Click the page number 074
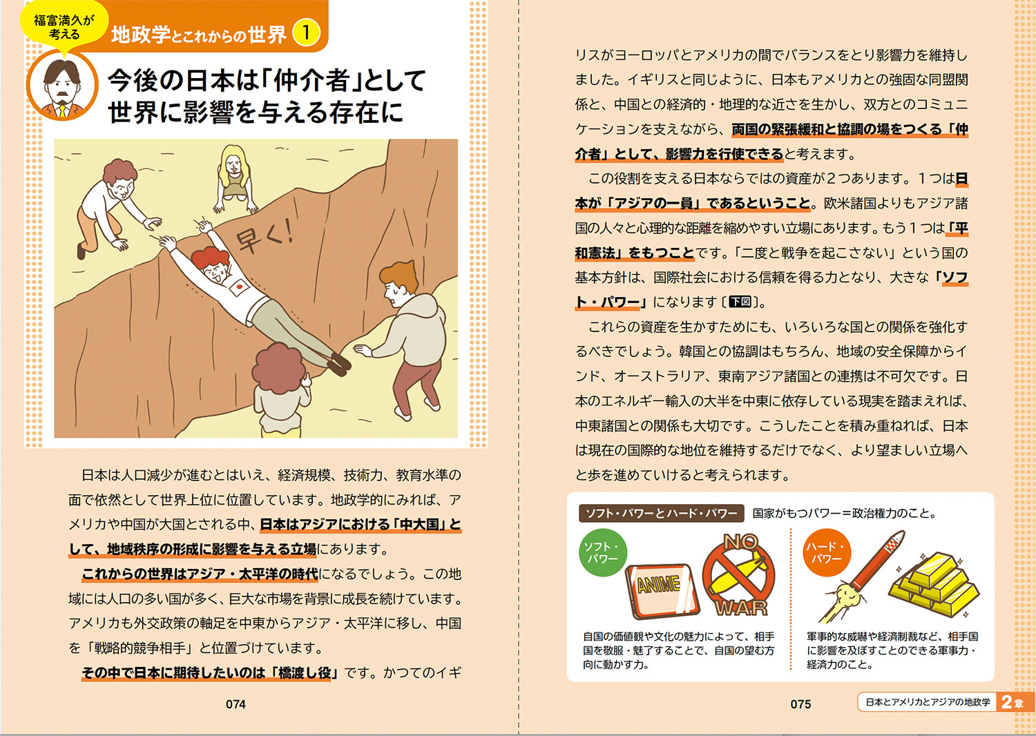point(236,704)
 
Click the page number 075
point(800,704)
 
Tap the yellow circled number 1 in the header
point(306,32)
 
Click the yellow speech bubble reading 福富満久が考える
point(64,27)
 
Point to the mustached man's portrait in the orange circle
point(62,86)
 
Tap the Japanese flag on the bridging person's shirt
point(239,287)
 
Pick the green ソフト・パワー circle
point(602,552)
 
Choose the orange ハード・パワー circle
point(827,552)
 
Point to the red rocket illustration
point(861,577)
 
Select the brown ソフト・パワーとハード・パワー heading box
point(662,513)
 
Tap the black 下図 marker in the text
point(740,302)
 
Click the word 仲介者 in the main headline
point(310,81)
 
